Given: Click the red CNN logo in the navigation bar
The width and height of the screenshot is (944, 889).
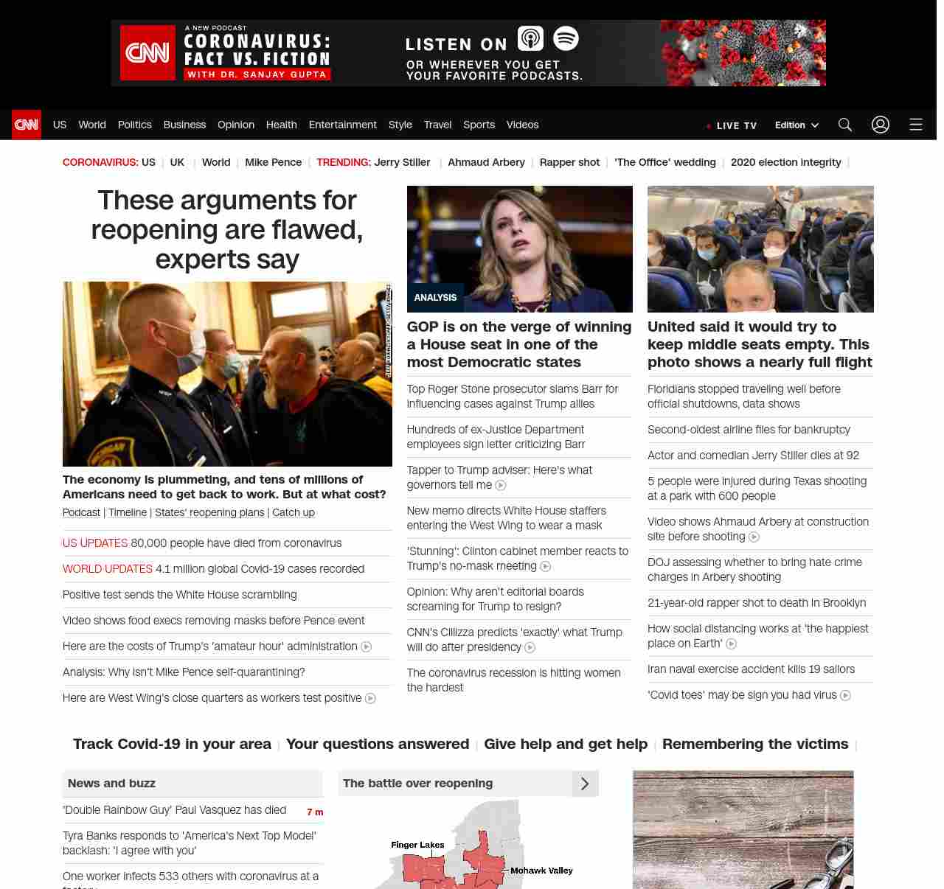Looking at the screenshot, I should [27, 125].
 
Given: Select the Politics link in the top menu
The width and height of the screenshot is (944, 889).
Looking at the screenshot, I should [134, 125].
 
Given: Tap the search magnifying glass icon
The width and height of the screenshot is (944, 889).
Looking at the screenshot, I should [845, 125].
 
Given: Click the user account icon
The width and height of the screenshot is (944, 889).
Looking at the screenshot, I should [881, 125].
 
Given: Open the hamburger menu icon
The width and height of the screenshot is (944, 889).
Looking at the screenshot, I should [916, 125].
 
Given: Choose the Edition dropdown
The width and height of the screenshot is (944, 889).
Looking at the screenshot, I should [796, 125].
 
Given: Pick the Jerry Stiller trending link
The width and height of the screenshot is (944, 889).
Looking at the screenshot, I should [402, 162].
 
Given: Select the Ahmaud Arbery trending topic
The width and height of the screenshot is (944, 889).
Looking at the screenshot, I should [486, 162].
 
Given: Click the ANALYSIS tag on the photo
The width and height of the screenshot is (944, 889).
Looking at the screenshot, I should [435, 298].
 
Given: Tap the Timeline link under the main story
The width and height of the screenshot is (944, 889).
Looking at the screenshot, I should [128, 512].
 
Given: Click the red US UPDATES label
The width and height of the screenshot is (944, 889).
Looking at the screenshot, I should [95, 543].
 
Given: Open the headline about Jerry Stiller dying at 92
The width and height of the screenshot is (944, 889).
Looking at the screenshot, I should [753, 456].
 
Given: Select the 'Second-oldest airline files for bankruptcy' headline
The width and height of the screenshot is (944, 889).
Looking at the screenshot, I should [749, 430].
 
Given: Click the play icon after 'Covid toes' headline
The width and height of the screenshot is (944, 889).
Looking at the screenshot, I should [846, 695].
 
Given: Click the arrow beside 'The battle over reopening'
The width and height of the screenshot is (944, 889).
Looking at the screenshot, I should [585, 784].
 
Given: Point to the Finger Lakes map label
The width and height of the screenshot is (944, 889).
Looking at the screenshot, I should [417, 845].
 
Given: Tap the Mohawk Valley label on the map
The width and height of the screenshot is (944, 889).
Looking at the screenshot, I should [541, 871].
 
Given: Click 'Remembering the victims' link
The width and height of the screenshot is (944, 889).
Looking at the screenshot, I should [755, 744].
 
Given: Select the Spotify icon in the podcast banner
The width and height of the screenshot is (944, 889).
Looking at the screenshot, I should [566, 38].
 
